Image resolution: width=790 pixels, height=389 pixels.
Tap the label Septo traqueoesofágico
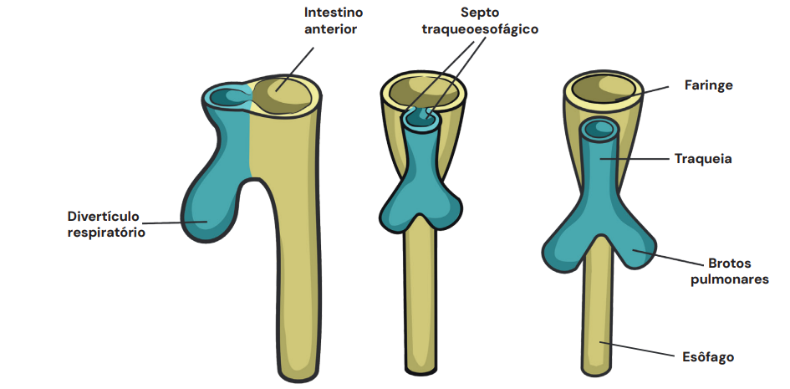click(479, 21)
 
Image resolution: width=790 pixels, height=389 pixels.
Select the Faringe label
click(708, 85)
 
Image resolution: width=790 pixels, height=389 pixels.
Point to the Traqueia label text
click(703, 158)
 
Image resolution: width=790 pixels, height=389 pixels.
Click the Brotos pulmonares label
click(729, 271)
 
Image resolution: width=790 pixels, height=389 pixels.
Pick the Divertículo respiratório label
click(106, 224)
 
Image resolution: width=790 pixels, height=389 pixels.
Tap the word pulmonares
click(729, 279)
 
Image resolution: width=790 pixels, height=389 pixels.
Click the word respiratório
click(106, 233)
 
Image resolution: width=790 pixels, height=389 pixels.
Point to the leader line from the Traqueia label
click(635, 158)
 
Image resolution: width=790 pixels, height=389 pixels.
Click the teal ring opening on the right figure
click(599, 130)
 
